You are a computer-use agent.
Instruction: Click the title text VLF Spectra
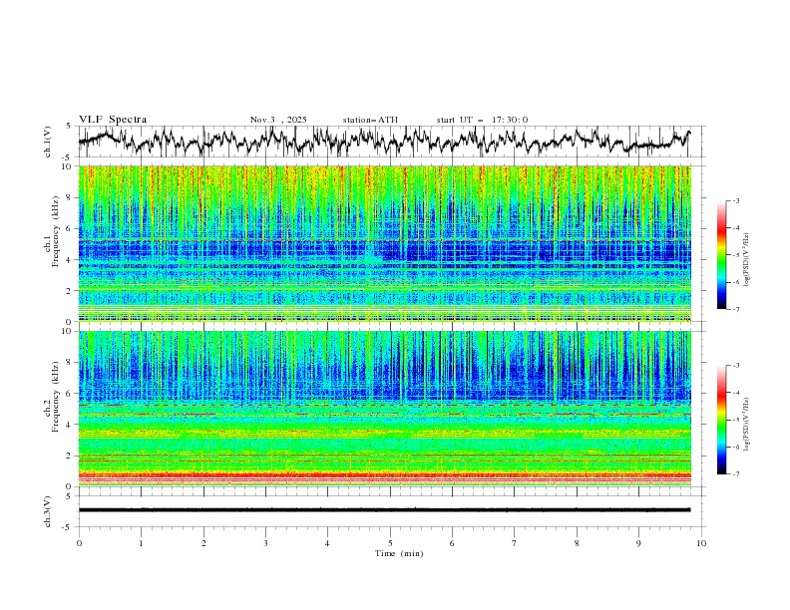(x=113, y=120)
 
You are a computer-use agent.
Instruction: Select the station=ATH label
(x=370, y=120)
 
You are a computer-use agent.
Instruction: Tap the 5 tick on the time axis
(x=390, y=542)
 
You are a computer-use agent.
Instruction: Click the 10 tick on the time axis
(x=701, y=542)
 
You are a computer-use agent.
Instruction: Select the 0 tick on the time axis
(x=79, y=542)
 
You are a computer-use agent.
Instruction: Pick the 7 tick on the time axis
(x=515, y=542)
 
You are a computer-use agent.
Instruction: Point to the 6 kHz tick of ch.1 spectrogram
(x=68, y=229)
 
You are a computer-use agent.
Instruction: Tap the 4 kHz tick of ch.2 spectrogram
(x=68, y=425)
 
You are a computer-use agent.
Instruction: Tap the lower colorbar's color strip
(x=722, y=419)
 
